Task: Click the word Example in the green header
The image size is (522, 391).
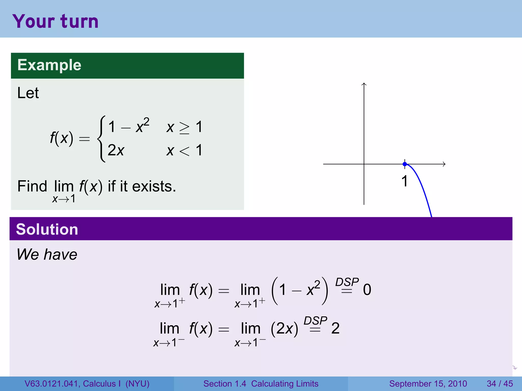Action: [49, 65]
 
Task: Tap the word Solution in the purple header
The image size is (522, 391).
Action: [47, 229]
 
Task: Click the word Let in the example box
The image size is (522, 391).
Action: [28, 93]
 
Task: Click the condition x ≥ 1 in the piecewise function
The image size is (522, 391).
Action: [184, 127]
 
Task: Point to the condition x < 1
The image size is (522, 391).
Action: [184, 150]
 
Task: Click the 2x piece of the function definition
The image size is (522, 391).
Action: [116, 150]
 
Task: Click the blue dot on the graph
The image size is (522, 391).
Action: [405, 164]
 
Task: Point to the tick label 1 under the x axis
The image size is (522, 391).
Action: [404, 181]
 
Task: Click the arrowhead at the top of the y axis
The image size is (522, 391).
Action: [364, 84]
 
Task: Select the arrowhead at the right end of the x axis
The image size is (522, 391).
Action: [444, 164]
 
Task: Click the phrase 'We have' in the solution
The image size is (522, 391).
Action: [47, 254]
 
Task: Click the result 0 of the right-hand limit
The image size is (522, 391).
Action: [367, 290]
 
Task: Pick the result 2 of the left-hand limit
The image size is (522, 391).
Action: [335, 328]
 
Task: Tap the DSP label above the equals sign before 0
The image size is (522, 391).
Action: [347, 282]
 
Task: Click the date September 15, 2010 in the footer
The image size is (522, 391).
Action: [428, 384]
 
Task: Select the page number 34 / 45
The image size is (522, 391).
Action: [500, 384]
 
